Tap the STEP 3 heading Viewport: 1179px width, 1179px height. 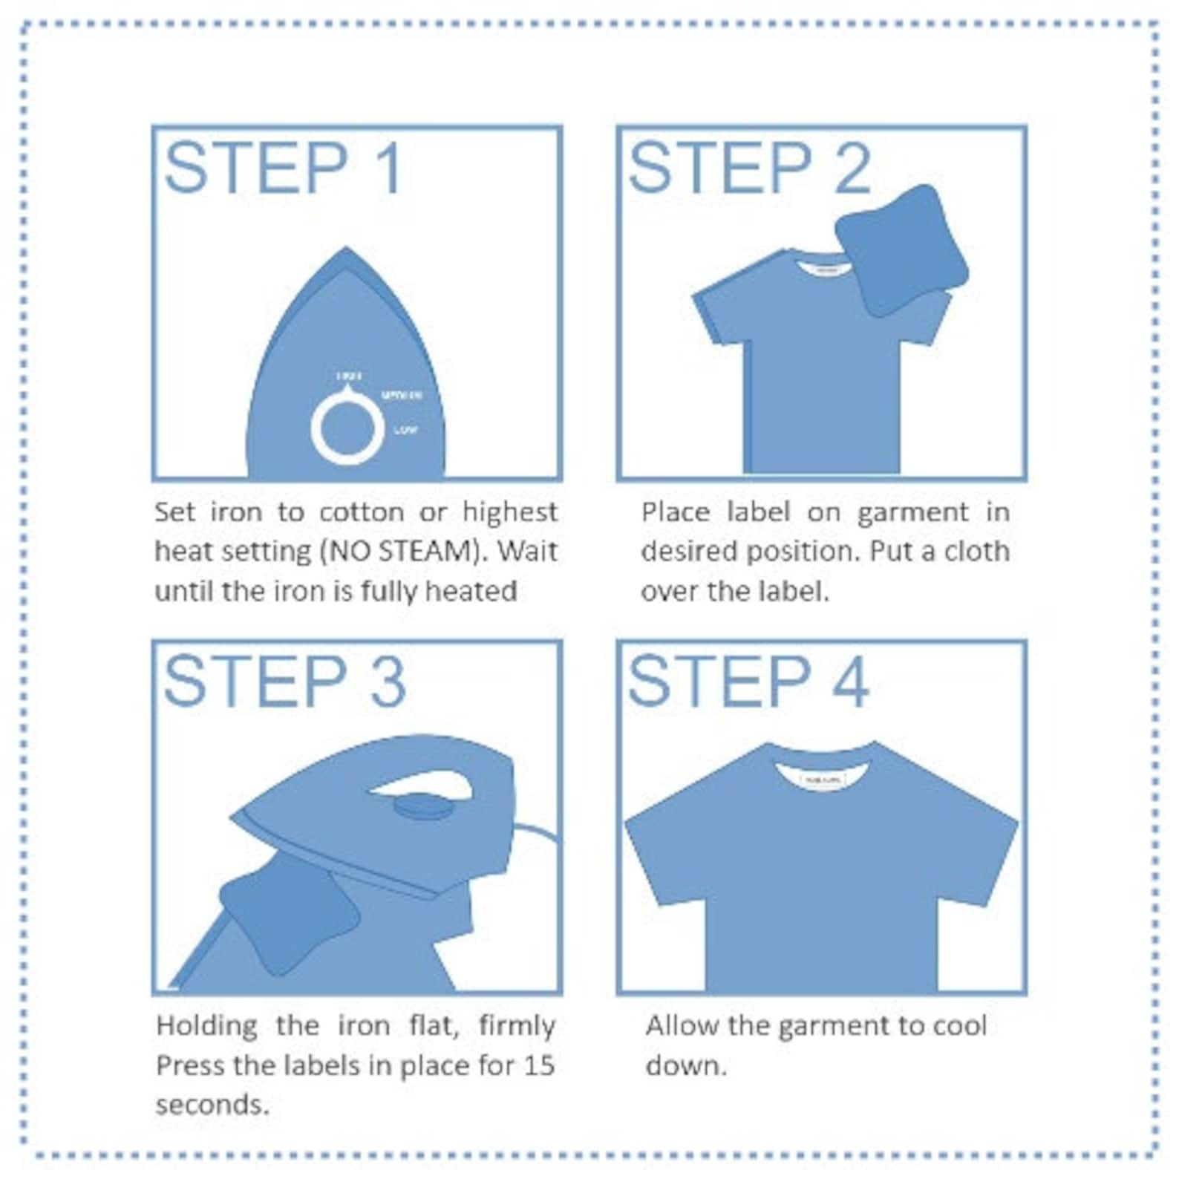284,682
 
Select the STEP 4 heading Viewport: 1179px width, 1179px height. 748,682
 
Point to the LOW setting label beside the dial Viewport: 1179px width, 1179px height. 405,430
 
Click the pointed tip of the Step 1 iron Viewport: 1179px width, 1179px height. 346,251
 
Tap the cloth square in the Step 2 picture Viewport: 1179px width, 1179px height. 901,251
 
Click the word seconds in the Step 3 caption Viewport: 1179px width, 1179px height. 212,1105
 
